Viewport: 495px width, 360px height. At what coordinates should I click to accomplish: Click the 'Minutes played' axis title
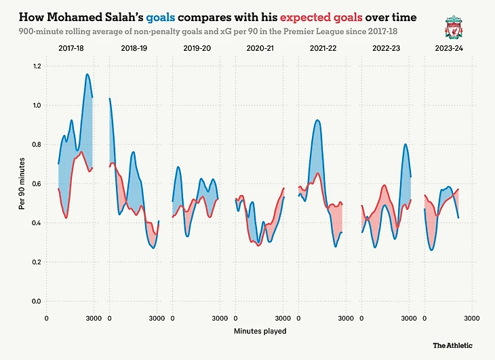(x=260, y=331)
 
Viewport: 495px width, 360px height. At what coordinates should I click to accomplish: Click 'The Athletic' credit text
(x=453, y=346)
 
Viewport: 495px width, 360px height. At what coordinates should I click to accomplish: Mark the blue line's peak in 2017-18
(x=87, y=74)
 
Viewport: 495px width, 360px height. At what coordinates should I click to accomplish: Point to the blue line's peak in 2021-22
(x=317, y=120)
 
